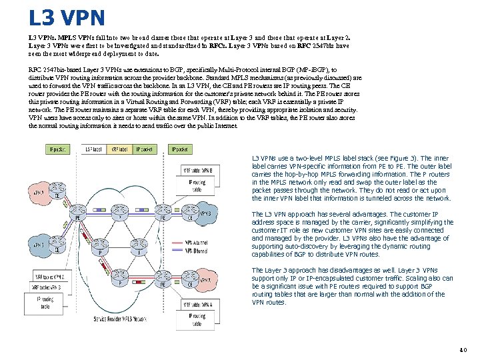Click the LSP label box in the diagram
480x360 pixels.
tap(94, 149)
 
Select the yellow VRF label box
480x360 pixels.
tap(119, 149)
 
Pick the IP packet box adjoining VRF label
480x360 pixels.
tap(144, 149)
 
